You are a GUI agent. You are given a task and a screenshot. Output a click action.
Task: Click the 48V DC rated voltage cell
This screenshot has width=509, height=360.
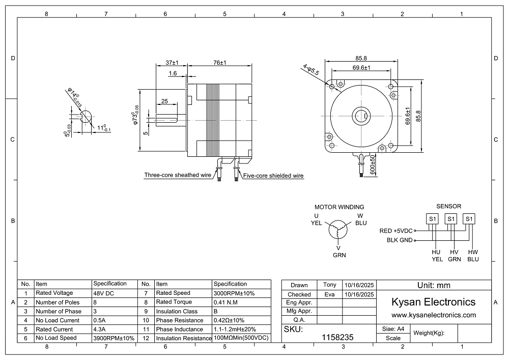coord(104,293)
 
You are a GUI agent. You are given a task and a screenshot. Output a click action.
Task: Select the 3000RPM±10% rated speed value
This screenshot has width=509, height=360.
coord(234,293)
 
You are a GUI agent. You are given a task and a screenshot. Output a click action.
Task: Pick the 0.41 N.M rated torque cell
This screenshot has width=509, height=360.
coord(227,302)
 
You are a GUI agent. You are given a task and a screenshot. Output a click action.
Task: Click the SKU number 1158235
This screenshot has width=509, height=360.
coord(338,337)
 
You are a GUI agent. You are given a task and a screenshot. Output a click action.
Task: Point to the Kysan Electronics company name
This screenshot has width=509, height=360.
coord(433,302)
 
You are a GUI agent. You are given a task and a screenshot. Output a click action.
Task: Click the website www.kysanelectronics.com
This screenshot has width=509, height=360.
coord(433,315)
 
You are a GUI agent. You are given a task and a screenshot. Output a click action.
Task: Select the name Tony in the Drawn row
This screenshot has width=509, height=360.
coord(330,285)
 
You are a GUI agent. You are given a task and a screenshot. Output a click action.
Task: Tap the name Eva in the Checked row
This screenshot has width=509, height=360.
coord(330,294)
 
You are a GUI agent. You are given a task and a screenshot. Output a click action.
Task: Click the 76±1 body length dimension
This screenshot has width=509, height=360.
coord(220,63)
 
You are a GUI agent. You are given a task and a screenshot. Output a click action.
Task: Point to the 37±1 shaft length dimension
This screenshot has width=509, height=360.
coord(172,63)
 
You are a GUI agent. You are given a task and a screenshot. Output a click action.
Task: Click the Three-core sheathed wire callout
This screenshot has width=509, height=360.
coord(177,175)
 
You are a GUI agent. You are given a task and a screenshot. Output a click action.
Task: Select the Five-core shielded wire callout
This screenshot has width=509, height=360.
coord(273,176)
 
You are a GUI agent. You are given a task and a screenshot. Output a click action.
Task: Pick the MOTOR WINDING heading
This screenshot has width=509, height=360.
coord(339,207)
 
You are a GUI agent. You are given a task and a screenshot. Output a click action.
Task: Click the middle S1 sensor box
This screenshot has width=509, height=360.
coord(450,219)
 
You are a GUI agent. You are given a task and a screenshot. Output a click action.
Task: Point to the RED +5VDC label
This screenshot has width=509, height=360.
coord(396,231)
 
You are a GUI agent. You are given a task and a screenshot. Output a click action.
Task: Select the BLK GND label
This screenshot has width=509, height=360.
coord(399,240)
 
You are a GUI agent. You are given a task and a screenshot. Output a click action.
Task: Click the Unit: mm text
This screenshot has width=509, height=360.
coord(433,285)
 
